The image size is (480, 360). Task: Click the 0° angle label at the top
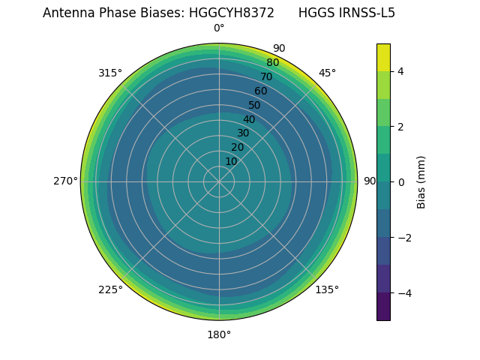point(219,28)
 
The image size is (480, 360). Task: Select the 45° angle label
point(327,73)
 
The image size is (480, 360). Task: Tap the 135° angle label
point(327,289)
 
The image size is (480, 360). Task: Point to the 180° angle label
point(219,334)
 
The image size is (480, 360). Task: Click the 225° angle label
point(110,289)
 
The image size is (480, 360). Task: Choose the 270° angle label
point(65,181)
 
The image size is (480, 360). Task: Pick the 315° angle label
point(110,73)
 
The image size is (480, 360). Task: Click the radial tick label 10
point(231,161)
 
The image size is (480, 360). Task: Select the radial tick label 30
point(243,133)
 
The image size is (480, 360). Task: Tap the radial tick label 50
point(255,105)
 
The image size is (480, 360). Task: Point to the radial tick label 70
point(266,76)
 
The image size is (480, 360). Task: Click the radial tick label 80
point(272,63)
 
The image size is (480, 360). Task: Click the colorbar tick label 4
point(400,71)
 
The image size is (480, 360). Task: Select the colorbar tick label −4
point(403,292)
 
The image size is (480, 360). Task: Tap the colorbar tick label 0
point(400,181)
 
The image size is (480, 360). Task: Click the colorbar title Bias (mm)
point(421,181)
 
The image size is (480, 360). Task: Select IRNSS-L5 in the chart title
point(368,13)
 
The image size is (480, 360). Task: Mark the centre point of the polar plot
point(219,181)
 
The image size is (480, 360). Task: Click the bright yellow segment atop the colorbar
point(383,57)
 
